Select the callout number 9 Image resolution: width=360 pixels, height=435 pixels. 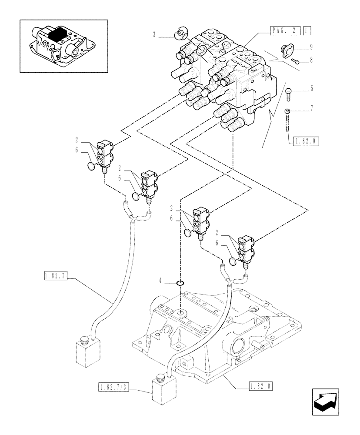coord(311,47)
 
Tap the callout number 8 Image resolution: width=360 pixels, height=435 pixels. coord(311,61)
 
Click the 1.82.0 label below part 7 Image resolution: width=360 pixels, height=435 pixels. coord(306,141)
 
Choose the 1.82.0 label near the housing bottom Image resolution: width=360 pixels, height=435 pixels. coord(262,385)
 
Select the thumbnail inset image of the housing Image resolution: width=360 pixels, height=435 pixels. coord(64,46)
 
